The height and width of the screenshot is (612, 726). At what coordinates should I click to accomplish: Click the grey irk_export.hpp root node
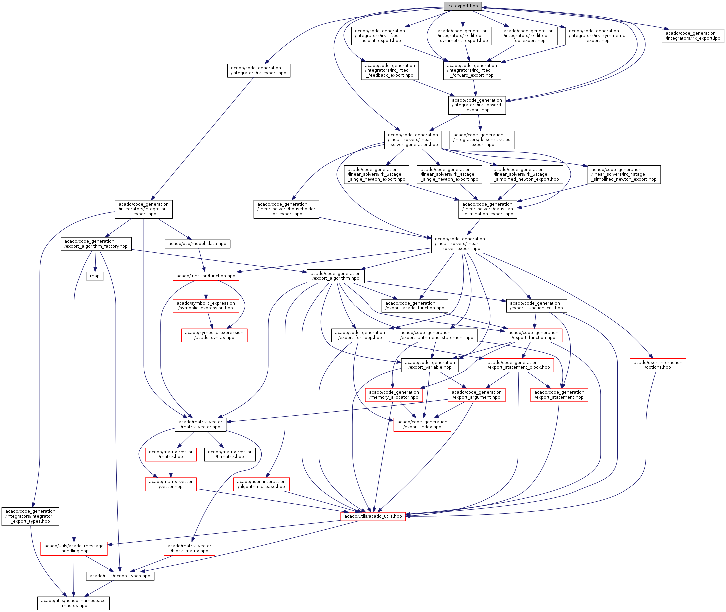[x=462, y=6]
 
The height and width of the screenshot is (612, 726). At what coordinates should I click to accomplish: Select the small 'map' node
[x=95, y=276]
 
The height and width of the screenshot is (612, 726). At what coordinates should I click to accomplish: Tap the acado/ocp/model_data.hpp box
[x=197, y=244]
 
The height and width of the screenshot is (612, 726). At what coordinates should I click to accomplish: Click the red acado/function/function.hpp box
[x=206, y=276]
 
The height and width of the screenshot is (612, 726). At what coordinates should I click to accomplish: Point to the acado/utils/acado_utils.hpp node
[x=373, y=516]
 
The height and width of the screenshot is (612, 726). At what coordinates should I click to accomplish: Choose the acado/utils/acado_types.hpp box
[x=120, y=576]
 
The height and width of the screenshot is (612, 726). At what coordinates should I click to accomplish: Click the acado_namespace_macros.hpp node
[x=73, y=603]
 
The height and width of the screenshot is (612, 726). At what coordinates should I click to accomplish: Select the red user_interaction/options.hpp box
[x=658, y=365]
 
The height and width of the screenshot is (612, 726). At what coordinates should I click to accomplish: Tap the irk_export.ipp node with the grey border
[x=693, y=36]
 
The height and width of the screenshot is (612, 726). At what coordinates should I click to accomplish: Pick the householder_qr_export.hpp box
[x=286, y=209]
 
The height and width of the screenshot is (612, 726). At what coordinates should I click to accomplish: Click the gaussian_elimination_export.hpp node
[x=488, y=209]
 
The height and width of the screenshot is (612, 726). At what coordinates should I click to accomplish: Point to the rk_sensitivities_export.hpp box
[x=482, y=140]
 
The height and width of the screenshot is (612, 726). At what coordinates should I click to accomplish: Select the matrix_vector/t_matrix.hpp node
[x=230, y=454]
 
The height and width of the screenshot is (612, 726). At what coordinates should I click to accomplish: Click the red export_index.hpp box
[x=422, y=424]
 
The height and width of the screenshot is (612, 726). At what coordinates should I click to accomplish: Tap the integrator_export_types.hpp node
[x=30, y=516]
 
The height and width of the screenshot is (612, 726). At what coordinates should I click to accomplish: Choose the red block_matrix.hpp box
[x=189, y=548]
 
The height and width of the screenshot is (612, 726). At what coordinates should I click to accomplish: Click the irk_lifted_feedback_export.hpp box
[x=390, y=70]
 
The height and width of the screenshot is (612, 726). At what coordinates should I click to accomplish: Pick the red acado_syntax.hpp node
[x=214, y=335]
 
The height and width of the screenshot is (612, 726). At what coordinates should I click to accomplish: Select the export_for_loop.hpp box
[x=360, y=335]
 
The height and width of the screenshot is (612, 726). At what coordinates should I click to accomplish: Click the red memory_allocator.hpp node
[x=394, y=395]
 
